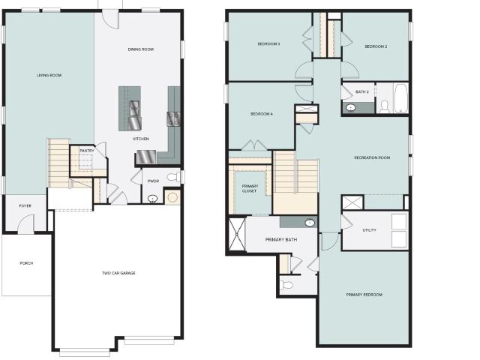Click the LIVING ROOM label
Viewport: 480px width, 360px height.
coord(49,75)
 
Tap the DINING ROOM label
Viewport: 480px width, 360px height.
coord(141,49)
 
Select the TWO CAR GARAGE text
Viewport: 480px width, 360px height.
coord(118,273)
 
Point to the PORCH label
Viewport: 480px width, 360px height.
coord(26,263)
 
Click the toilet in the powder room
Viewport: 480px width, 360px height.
coord(173,177)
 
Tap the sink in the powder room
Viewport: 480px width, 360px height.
coord(152,199)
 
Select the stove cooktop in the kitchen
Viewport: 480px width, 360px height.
coord(173,119)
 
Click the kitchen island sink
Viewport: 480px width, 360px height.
coord(134,108)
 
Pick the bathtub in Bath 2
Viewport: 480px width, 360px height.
coord(400,98)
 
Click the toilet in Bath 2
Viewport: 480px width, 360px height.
coord(384,106)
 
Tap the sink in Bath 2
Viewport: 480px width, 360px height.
coord(350,107)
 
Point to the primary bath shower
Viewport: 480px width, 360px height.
coord(237,233)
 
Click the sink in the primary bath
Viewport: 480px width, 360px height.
coord(310,223)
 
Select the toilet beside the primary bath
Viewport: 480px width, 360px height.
coord(286,285)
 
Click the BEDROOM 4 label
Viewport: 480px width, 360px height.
coord(262,114)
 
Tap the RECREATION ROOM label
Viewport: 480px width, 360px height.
coord(372,157)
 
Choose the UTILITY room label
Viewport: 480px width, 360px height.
coord(369,230)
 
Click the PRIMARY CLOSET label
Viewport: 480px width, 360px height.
coord(250,188)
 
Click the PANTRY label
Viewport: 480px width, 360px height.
coord(87,151)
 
